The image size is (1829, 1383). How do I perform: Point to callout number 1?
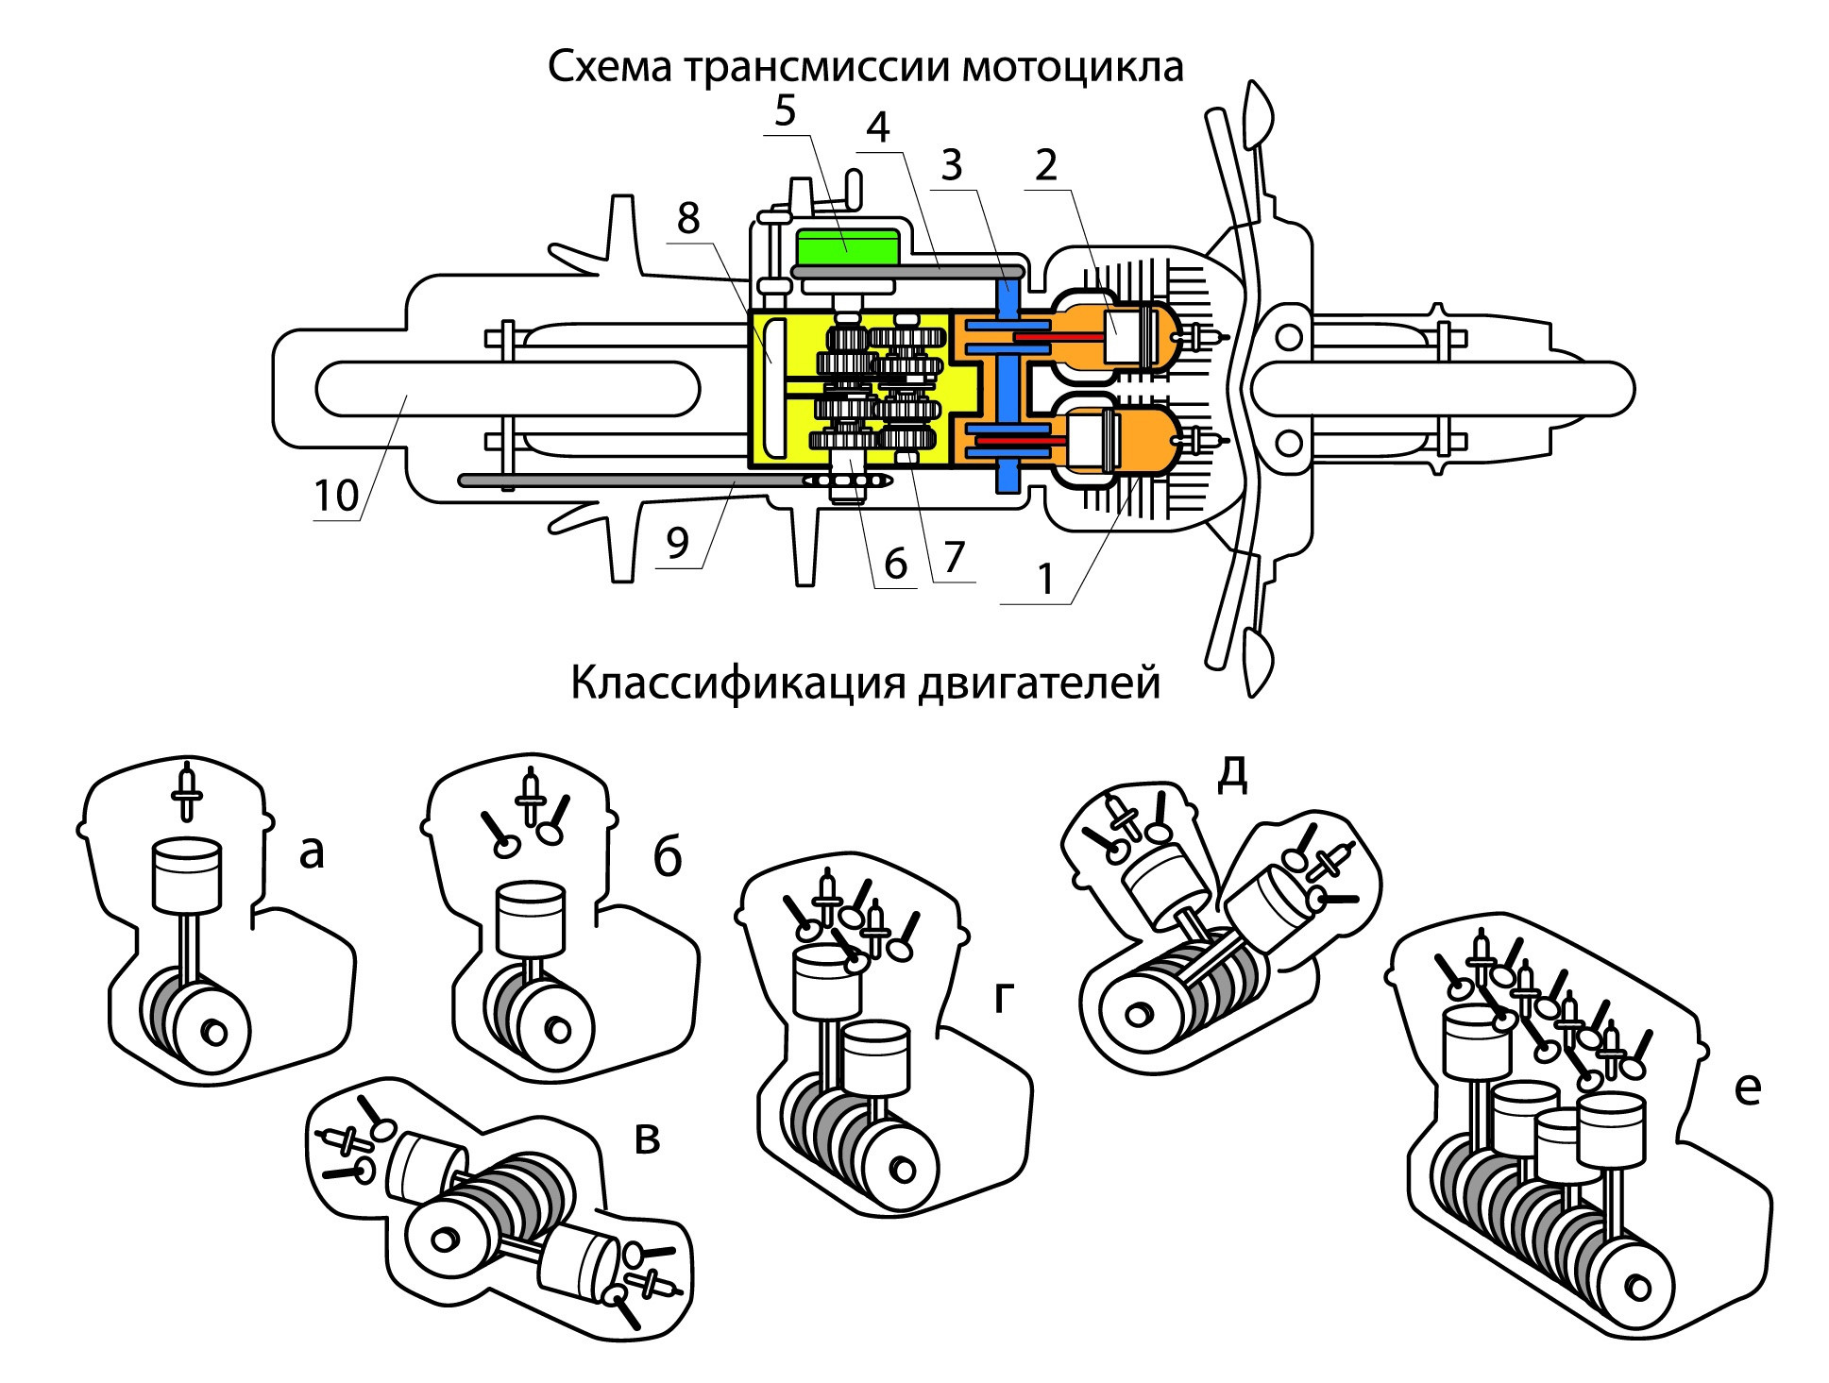[1044, 578]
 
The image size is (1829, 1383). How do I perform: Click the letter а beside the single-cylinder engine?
[312, 853]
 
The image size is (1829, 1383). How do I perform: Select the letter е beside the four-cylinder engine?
[1748, 1090]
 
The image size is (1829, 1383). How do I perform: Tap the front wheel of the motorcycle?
[1445, 388]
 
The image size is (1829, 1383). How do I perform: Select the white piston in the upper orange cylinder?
[1129, 336]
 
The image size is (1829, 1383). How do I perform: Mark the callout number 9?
[678, 545]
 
